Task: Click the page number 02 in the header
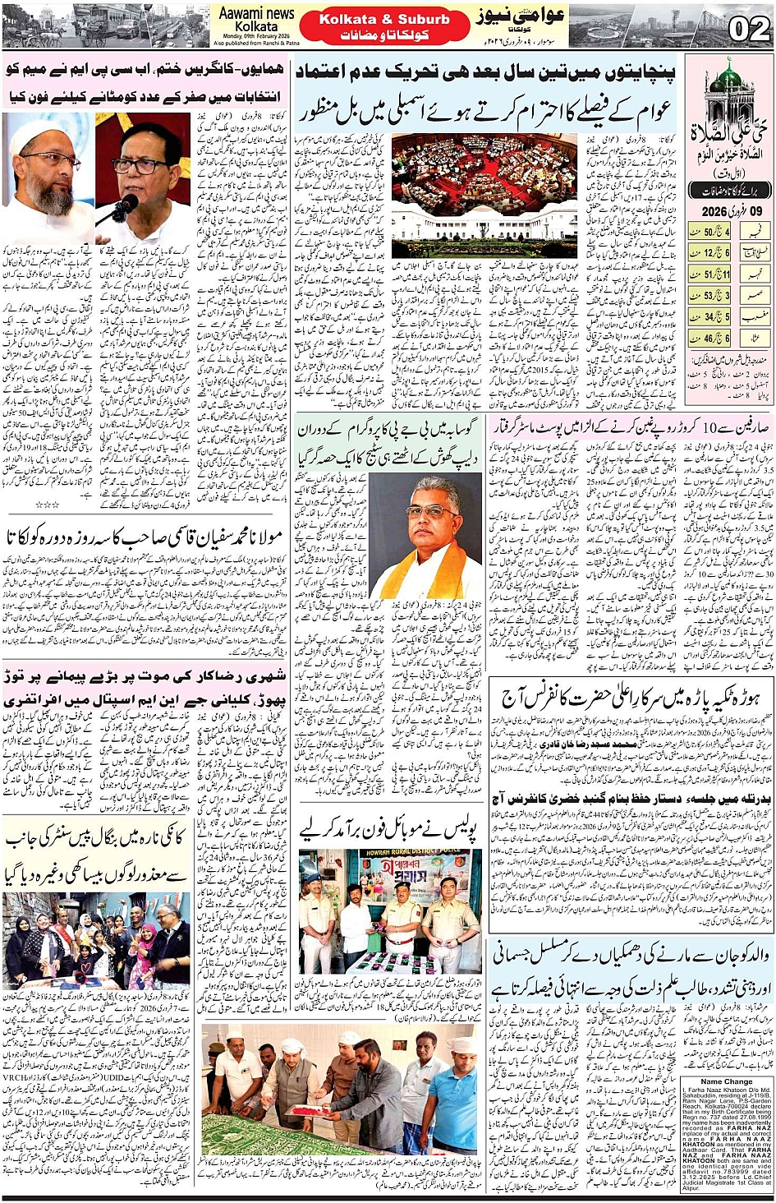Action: point(749,29)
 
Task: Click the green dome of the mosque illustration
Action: point(727,76)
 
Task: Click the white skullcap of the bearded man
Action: point(46,131)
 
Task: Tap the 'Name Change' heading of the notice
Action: point(726,1081)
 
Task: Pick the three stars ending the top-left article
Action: point(46,503)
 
